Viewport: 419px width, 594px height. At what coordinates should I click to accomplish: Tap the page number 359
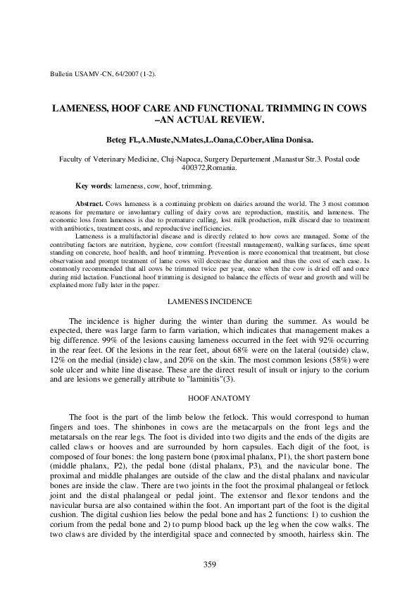click(209, 564)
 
